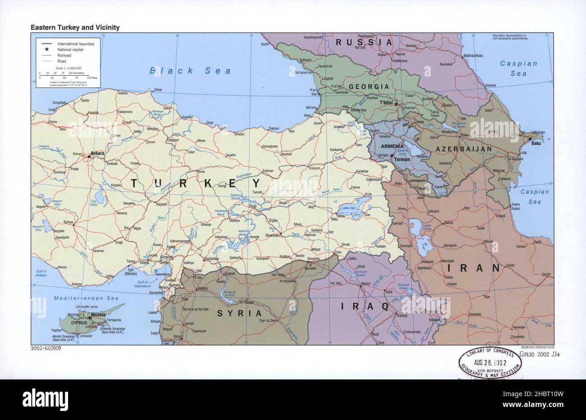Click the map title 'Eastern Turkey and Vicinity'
point(75,27)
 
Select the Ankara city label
point(97,153)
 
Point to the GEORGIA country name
point(368,87)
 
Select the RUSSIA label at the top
point(364,42)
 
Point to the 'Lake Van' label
point(349,208)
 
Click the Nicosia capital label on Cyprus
point(98,315)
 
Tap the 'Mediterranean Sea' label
point(86,298)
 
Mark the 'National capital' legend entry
point(70,50)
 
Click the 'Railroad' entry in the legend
point(64,55)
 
